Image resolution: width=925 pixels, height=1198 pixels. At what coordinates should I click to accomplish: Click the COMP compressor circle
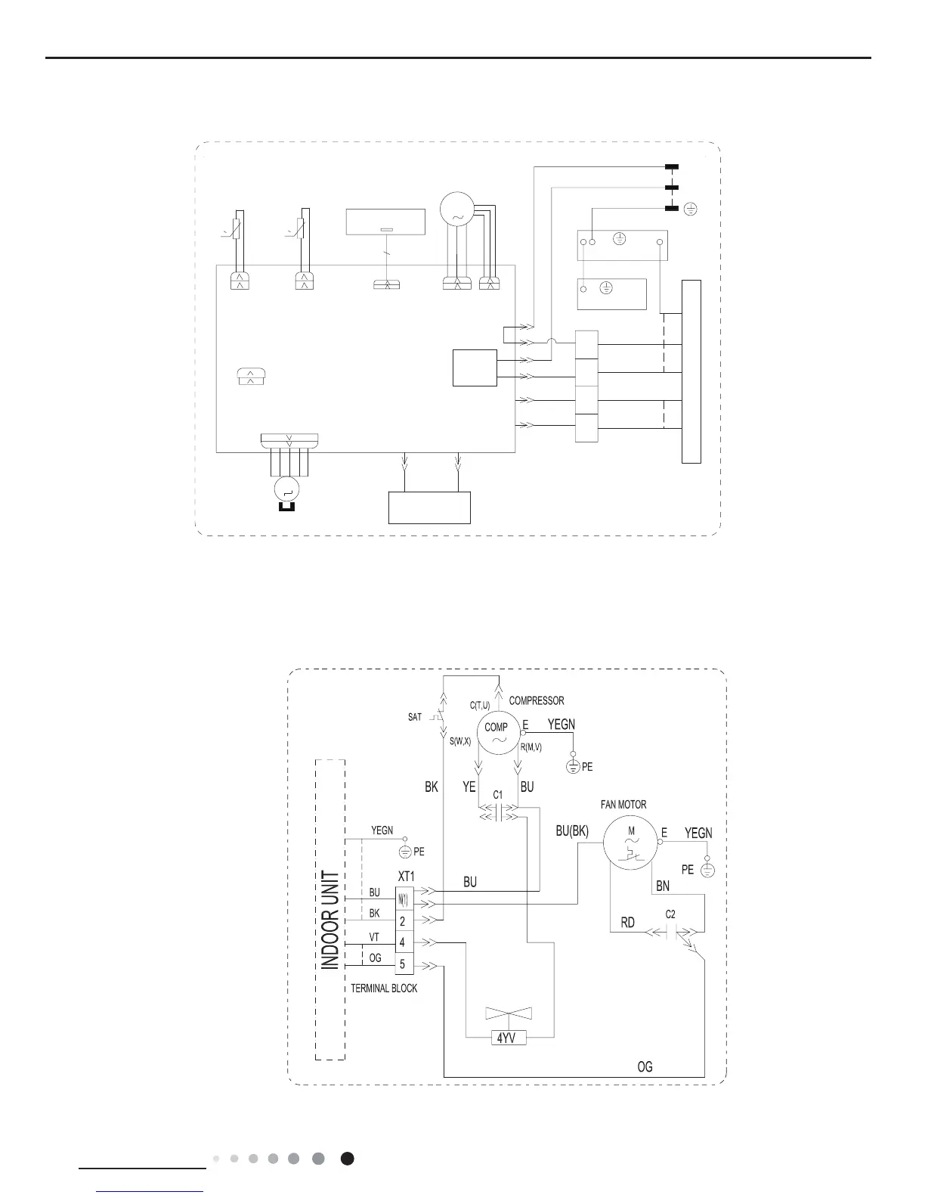point(497,732)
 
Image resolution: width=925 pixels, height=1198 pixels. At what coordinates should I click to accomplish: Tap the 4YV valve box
point(506,1038)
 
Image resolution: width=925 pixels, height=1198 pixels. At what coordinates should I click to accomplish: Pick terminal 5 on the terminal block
point(403,964)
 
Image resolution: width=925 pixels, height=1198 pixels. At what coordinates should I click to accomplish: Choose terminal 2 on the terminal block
point(403,921)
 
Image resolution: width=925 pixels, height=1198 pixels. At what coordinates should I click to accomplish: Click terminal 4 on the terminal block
point(403,942)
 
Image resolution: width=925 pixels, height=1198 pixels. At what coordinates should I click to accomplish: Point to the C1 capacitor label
point(498,795)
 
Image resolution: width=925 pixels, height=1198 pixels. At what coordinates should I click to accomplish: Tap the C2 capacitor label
point(670,914)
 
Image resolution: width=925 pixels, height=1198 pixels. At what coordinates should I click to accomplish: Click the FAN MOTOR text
point(623,805)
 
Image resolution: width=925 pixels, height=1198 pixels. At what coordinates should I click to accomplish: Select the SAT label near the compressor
point(415,717)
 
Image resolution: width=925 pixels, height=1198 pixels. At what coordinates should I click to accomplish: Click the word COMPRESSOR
point(537,700)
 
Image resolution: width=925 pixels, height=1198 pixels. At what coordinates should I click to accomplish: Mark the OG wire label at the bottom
point(645,1067)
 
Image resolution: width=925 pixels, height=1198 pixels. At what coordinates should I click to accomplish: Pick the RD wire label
point(628,923)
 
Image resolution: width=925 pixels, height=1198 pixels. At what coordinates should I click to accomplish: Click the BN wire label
point(663,885)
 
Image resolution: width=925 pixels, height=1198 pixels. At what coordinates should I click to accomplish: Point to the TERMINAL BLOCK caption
point(384,989)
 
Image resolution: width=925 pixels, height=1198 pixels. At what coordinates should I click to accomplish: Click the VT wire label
point(374,936)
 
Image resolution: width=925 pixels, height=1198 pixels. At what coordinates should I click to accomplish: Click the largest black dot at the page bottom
point(347,1158)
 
